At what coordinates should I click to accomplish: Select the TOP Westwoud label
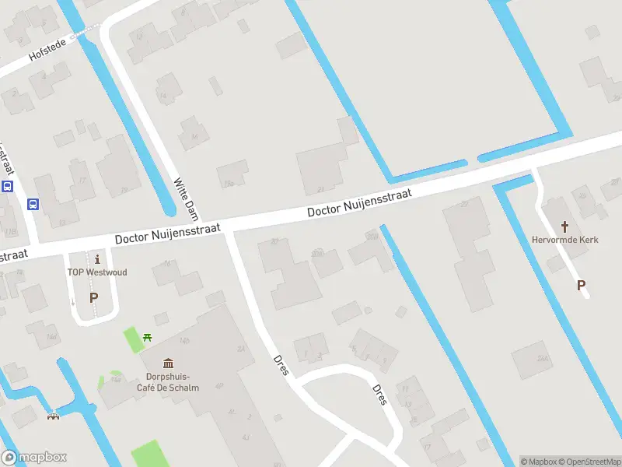click(x=96, y=272)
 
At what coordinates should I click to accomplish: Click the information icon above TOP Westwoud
click(x=96, y=258)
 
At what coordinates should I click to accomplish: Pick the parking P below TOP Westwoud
click(x=94, y=297)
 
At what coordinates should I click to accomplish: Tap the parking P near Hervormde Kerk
click(x=581, y=286)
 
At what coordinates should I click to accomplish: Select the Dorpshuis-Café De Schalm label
click(x=172, y=381)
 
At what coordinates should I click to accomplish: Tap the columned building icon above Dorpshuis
click(x=168, y=363)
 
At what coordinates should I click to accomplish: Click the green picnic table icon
click(x=148, y=337)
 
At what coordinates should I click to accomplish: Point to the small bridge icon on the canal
click(x=54, y=415)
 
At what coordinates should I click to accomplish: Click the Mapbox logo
click(x=33, y=458)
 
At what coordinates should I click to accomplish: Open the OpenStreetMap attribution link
click(x=588, y=462)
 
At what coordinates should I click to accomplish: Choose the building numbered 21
click(x=320, y=190)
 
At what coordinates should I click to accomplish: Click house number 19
click(x=124, y=189)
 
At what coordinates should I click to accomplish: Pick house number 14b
click(x=184, y=340)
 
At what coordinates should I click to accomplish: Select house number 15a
click(x=229, y=184)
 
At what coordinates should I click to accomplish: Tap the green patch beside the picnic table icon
click(x=134, y=339)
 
